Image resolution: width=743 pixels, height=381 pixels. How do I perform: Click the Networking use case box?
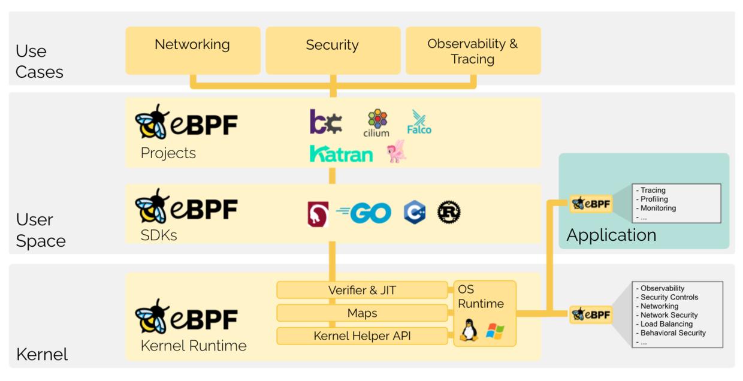[192, 50]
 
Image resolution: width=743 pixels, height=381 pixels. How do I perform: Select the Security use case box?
[333, 50]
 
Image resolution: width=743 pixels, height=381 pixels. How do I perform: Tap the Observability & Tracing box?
[473, 50]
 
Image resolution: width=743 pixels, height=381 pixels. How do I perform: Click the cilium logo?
[376, 123]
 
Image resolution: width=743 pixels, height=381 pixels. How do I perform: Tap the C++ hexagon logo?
[415, 213]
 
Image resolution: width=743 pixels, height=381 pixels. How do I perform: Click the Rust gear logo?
[449, 213]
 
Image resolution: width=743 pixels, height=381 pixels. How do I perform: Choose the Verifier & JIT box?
[362, 291]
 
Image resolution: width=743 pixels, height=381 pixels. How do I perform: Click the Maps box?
[362, 313]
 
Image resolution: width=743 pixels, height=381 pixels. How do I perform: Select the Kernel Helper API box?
[362, 336]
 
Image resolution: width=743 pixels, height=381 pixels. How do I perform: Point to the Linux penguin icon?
[469, 331]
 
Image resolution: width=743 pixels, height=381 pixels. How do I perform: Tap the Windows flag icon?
[495, 331]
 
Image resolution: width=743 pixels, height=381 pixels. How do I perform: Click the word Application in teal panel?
[611, 235]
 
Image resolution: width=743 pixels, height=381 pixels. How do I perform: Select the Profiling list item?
[654, 199]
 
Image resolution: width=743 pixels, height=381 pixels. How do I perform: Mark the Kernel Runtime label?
[194, 346]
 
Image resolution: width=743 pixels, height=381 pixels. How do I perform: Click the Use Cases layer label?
[39, 62]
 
